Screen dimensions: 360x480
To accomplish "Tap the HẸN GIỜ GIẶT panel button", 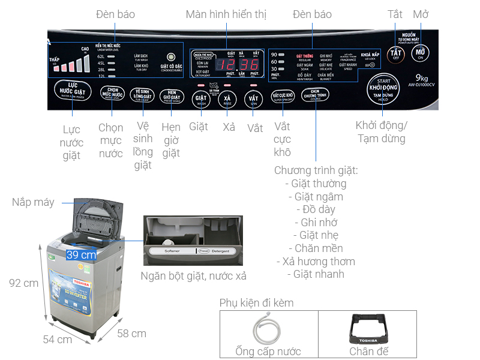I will (x=172, y=97).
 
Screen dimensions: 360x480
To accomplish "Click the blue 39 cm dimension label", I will (x=82, y=254).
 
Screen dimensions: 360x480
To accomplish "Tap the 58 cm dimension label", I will (x=131, y=333).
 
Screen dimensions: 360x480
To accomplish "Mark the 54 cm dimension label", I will (x=58, y=339).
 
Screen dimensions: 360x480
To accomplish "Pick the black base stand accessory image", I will (x=366, y=329).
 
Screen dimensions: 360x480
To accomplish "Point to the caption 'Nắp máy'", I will (x=33, y=202).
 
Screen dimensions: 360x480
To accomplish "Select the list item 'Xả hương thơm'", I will (x=316, y=261).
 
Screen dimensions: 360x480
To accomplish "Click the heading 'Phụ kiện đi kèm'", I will (x=256, y=302).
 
